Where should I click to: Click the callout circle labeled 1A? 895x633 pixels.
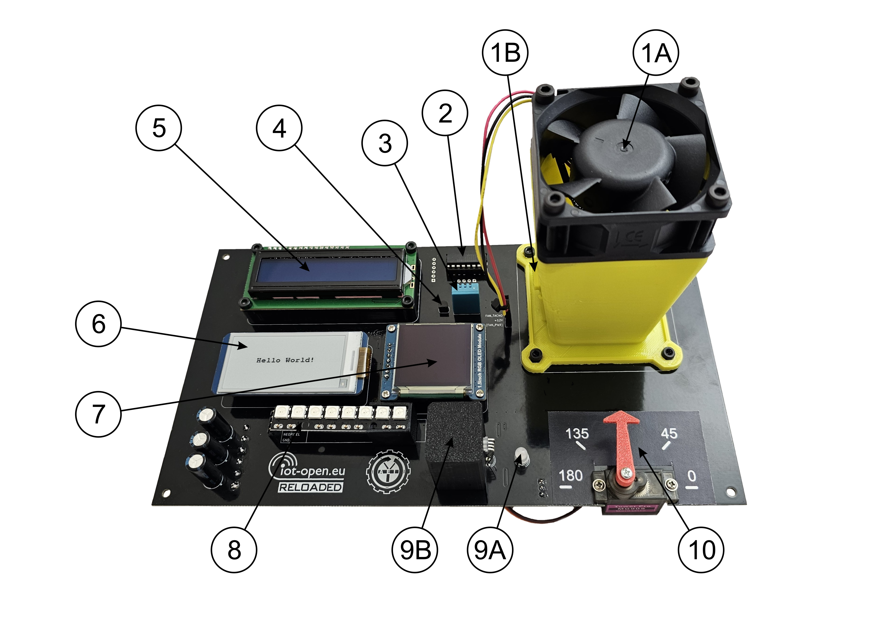pyautogui.click(x=656, y=53)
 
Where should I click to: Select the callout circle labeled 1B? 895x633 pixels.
pyautogui.click(x=505, y=53)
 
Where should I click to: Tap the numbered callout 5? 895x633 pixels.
pyautogui.click(x=159, y=128)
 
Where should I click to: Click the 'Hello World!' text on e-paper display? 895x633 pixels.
pyautogui.click(x=285, y=360)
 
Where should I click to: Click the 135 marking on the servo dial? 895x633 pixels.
pyautogui.click(x=577, y=433)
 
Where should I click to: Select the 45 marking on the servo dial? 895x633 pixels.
pyautogui.click(x=669, y=433)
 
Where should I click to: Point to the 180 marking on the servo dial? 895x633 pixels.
pyautogui.click(x=571, y=476)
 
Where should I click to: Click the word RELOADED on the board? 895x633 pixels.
pyautogui.click(x=311, y=487)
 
